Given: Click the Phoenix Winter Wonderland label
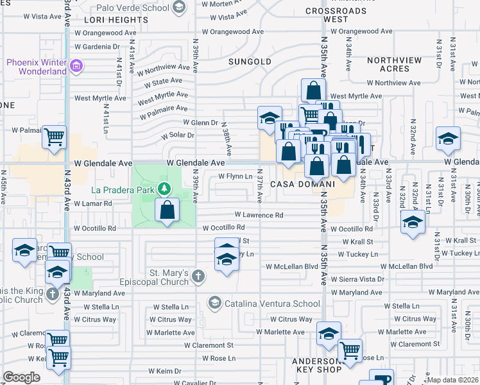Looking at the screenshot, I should click(37, 67).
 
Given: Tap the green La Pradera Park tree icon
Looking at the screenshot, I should click(166, 189).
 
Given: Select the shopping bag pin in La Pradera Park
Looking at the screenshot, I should click(167, 210).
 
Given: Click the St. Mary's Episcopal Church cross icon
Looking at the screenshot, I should click(199, 277).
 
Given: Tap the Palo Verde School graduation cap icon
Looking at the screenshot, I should click(179, 8).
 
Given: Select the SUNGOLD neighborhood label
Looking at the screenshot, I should click(250, 62).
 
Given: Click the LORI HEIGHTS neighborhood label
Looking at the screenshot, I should click(107, 20).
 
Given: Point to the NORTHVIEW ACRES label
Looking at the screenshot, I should click(394, 64).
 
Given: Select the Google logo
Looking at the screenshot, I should click(22, 377).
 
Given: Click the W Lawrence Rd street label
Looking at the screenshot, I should click(259, 215).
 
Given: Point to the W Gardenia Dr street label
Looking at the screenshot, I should click(98, 47).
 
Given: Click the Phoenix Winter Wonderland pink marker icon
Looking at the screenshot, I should click(76, 66).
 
